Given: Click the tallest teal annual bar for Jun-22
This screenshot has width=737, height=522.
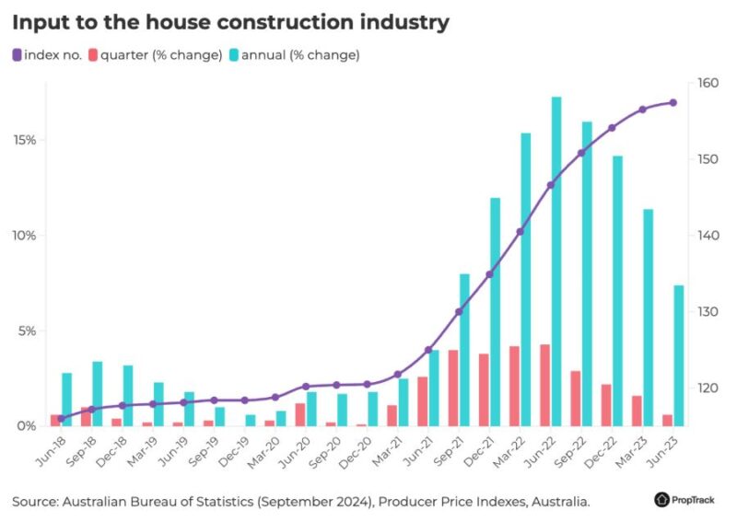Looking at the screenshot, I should pos(556,261).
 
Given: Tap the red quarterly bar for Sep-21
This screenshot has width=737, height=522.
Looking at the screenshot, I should pos(452,388).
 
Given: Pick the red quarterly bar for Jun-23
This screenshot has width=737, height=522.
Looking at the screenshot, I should pos(667,420).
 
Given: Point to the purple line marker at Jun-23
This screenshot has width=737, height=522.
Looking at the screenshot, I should pos(673,102).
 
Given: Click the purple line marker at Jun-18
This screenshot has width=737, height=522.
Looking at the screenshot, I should pos(61,419).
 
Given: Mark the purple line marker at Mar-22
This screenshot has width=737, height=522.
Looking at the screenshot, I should pos(521,231).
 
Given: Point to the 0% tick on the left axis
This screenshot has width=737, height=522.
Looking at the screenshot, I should pos(28,426).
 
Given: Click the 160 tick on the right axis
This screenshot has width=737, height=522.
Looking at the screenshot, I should pos(708,83).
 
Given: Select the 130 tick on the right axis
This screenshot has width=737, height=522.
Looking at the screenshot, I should pos(708,312).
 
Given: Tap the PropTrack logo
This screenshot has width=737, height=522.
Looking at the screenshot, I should pos(687,500).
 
